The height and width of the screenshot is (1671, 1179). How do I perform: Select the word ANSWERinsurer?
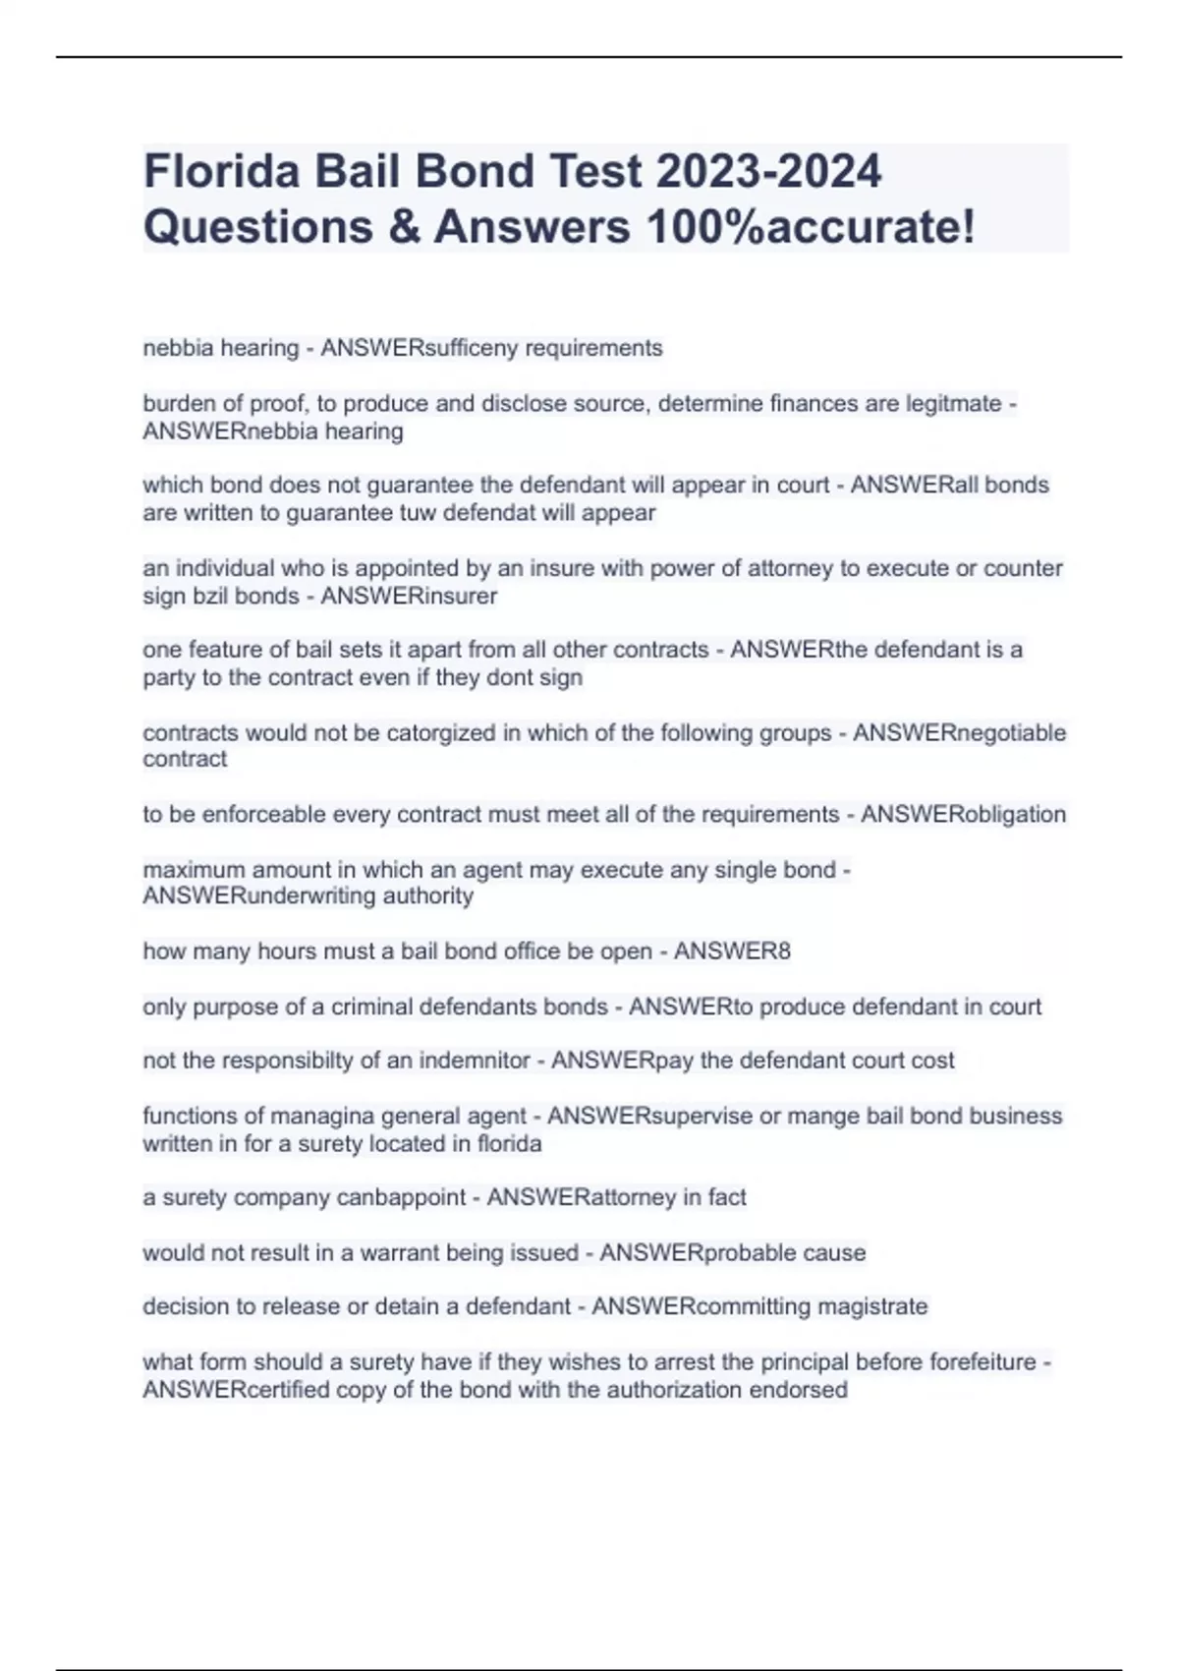point(409,596)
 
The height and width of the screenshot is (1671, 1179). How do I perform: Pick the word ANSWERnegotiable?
point(959,732)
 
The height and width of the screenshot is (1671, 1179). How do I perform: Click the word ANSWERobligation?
point(963,814)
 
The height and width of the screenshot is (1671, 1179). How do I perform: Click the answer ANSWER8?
point(732,951)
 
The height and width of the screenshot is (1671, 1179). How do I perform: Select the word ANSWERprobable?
point(699,1252)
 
